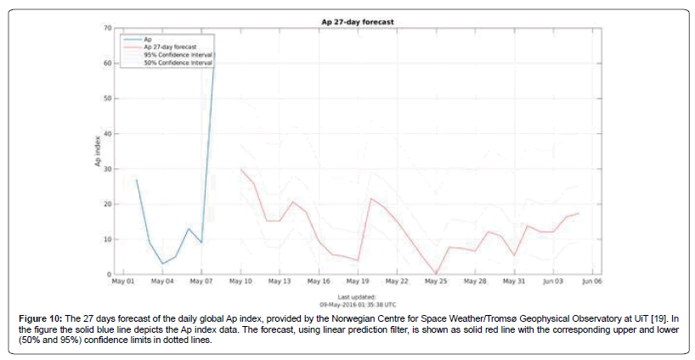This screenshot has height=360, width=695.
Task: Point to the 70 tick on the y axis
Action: pos(108,28)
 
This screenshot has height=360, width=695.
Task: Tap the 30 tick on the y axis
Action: pos(108,169)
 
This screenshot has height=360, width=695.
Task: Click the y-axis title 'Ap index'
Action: pos(97,151)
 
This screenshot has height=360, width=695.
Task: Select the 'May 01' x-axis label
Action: pos(124,281)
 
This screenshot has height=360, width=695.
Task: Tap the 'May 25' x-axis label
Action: pos(436,281)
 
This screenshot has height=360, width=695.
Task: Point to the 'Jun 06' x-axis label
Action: pos(591,281)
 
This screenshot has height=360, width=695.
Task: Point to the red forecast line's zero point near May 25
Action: pos(436,273)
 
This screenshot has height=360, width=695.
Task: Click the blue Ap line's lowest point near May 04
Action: pos(162,264)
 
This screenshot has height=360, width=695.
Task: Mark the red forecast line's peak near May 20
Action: pos(370,199)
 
